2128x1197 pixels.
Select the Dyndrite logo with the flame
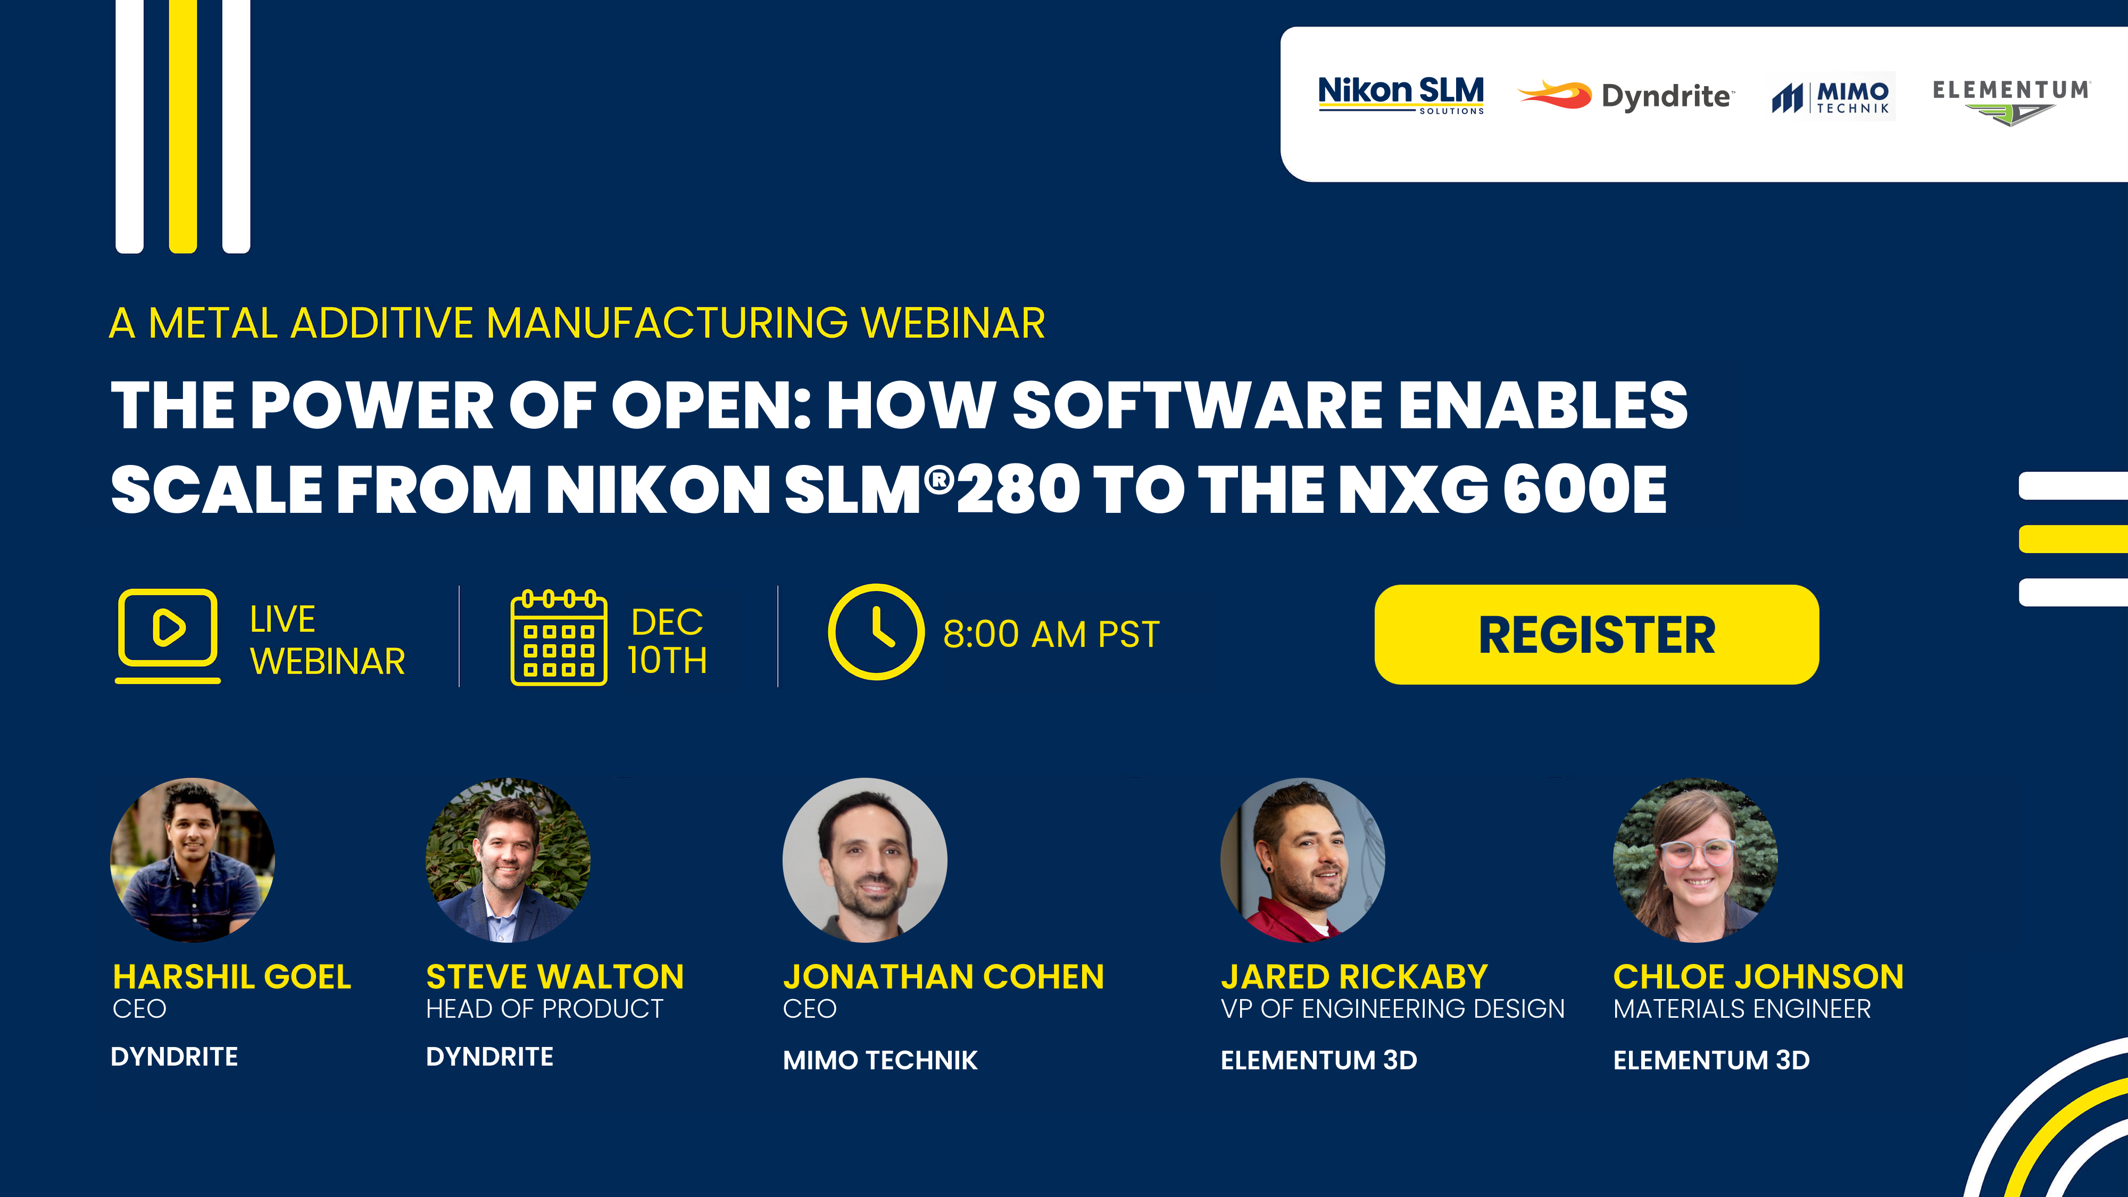pos(1626,95)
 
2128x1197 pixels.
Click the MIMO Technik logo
pos(1832,97)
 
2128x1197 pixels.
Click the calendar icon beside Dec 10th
pos(559,637)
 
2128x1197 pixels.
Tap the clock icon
pos(876,632)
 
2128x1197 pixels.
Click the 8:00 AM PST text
pos(1051,635)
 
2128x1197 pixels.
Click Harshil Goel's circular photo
pos(193,860)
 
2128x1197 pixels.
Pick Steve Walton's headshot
pos(508,860)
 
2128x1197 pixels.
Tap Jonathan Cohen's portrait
pos(865,860)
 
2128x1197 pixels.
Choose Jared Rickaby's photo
pos(1303,860)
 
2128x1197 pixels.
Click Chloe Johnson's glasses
pos(1697,852)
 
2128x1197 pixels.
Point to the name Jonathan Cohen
pos(943,977)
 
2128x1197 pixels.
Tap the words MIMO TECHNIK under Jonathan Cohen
pos(880,1060)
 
